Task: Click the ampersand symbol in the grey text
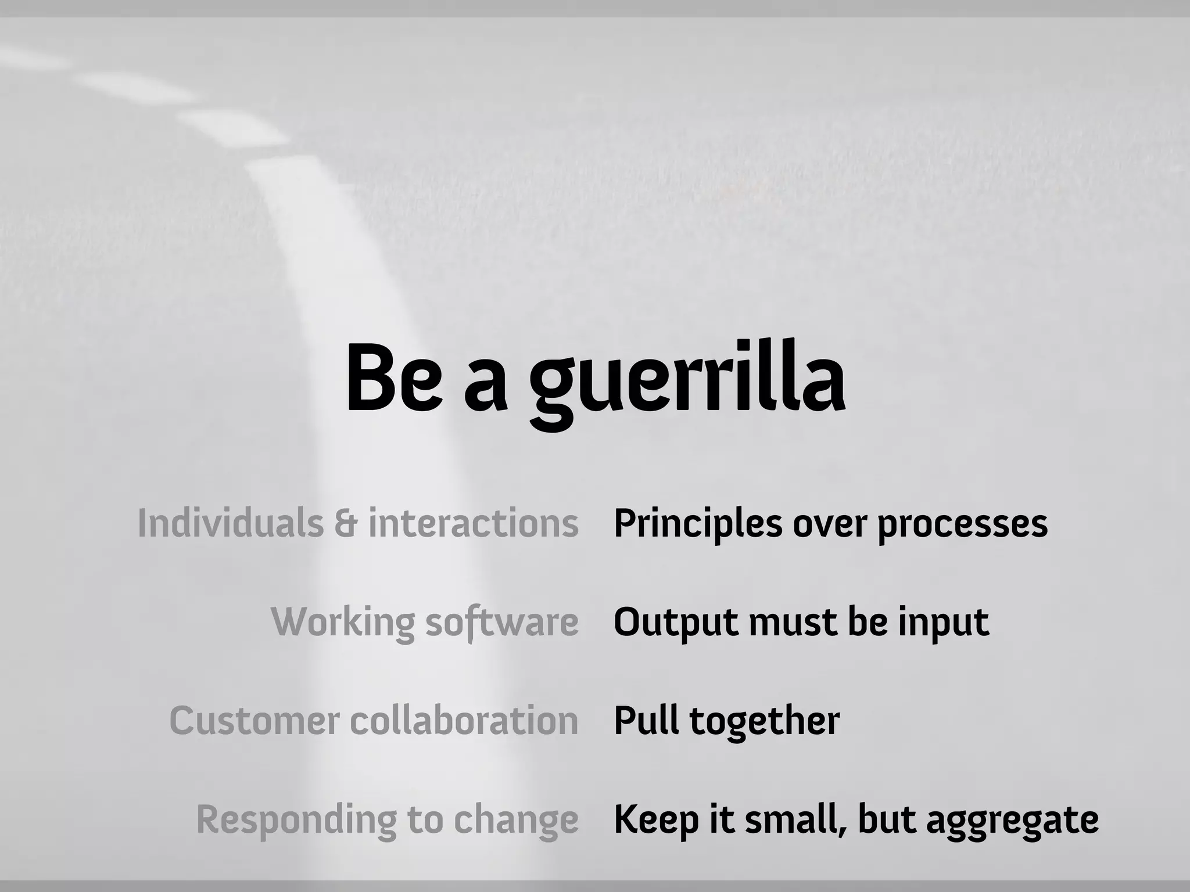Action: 346,524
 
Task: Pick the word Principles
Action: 698,524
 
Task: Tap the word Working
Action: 343,623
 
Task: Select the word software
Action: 502,623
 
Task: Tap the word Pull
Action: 646,721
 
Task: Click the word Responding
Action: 296,820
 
